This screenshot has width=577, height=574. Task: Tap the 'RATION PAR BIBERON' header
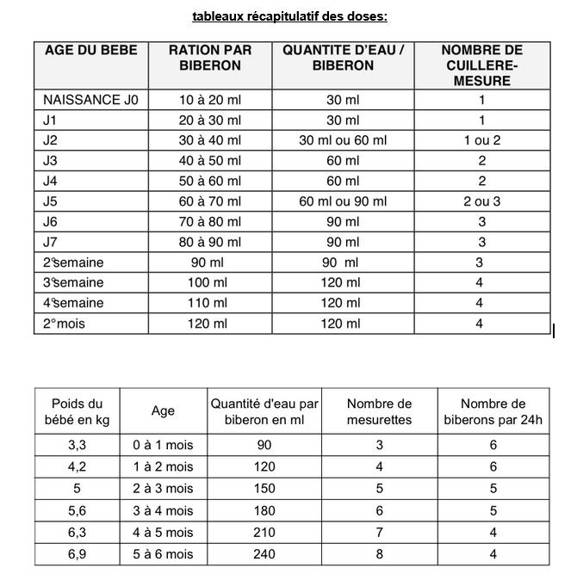tap(210, 58)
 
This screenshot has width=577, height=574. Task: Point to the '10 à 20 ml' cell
tap(210, 100)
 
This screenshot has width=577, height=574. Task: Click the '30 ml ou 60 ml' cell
tap(343, 140)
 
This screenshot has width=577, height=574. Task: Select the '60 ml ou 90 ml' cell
tap(343, 202)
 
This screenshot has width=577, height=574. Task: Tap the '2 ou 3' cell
tap(481, 202)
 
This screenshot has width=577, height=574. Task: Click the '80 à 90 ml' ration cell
tap(210, 243)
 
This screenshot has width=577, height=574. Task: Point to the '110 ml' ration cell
tap(210, 303)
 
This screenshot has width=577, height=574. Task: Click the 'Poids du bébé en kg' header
tap(77, 411)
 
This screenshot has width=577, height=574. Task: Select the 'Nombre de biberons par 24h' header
tap(493, 411)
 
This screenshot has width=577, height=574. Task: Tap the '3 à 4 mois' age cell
tap(163, 510)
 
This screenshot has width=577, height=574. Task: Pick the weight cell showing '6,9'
tap(77, 554)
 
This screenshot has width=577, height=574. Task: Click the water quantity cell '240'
tap(264, 554)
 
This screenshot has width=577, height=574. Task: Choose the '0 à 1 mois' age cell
tap(163, 444)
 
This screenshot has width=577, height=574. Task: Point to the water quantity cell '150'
tap(264, 488)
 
